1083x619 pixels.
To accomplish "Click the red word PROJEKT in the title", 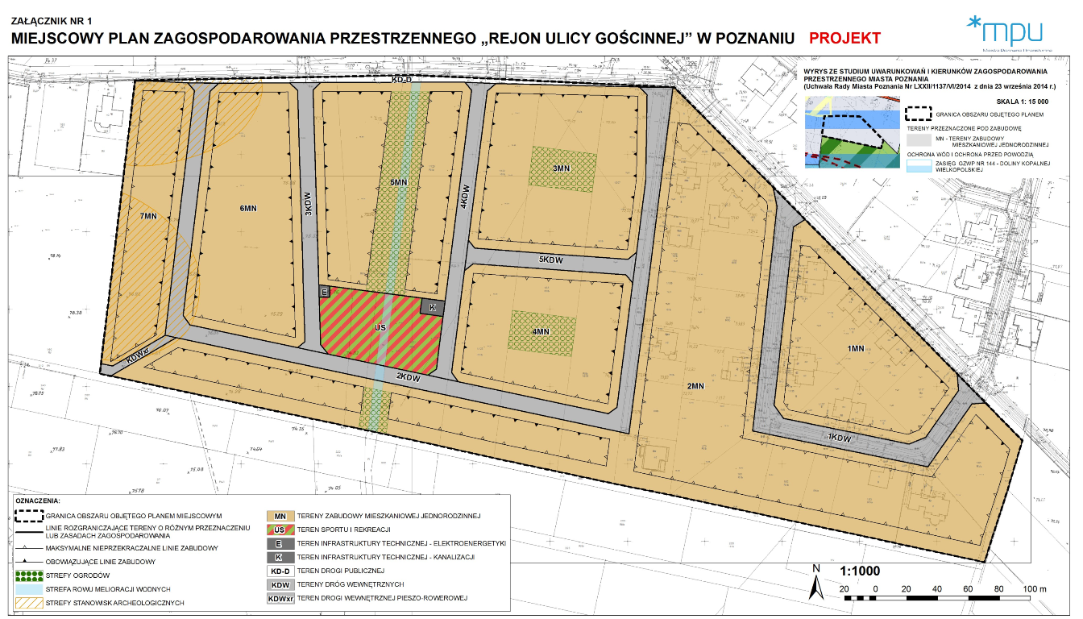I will click(x=844, y=38).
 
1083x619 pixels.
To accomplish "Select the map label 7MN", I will click(x=147, y=216).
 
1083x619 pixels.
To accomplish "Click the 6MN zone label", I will click(x=247, y=208).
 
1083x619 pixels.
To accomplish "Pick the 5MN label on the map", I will click(x=397, y=183).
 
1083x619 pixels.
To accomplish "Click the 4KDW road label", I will click(x=464, y=196).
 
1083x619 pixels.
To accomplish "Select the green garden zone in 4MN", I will click(x=541, y=331).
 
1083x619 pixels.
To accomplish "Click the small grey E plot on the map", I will click(x=325, y=292).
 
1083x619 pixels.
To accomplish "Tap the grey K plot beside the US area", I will click(x=432, y=307).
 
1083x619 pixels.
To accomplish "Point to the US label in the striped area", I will click(x=381, y=328).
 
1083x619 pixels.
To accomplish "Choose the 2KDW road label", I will click(x=409, y=376).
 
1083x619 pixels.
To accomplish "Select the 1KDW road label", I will click(x=840, y=437).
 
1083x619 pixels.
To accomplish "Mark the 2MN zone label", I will click(x=696, y=385).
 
